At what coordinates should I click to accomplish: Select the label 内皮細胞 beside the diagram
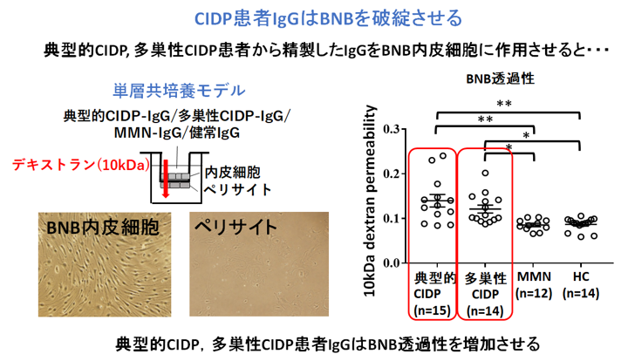tap(231, 173)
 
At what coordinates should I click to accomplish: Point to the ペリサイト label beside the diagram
tap(237, 189)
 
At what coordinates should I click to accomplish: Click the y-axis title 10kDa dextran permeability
tap(372, 197)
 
